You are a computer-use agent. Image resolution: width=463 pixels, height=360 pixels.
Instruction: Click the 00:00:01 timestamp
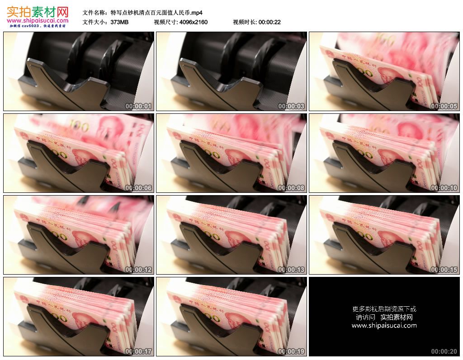(x=139, y=107)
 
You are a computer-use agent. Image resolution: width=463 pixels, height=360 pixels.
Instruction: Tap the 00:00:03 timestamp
(x=292, y=107)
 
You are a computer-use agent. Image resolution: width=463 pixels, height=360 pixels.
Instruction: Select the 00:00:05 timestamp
(x=444, y=107)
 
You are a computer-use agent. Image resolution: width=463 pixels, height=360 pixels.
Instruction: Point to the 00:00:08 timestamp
(x=292, y=188)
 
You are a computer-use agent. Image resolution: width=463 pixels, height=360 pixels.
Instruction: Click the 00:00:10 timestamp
(x=444, y=188)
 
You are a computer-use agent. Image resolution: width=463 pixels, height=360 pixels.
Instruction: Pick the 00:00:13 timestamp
(x=292, y=270)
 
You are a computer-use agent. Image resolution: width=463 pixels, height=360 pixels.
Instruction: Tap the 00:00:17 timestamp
(x=139, y=351)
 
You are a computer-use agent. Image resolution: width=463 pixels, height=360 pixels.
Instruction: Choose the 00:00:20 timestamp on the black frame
(x=444, y=351)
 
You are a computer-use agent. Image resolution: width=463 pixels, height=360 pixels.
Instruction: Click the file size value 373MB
(x=119, y=22)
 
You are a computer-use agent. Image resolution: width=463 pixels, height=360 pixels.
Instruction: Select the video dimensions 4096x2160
(x=193, y=22)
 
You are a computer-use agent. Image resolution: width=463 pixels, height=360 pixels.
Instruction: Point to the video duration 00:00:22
(x=269, y=22)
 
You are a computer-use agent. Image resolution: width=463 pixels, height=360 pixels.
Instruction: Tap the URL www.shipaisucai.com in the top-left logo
(x=38, y=20)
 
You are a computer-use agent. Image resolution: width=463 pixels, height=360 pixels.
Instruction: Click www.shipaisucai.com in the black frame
(x=384, y=325)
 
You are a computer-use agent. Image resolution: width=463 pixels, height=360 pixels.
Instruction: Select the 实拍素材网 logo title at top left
(x=38, y=11)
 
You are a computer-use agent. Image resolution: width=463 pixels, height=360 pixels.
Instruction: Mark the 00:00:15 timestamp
(x=444, y=270)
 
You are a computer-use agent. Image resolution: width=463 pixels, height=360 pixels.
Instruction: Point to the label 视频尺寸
(x=165, y=22)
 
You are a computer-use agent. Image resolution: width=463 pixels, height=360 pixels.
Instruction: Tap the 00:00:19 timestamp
(x=292, y=351)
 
